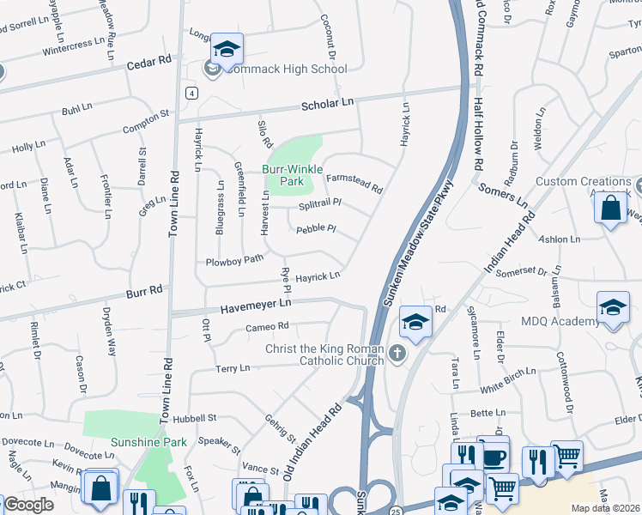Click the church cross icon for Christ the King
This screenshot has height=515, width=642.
pos(397,353)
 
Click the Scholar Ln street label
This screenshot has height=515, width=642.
pos(327,103)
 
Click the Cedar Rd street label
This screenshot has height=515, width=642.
pos(149,64)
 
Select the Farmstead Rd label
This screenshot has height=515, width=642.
pos(353,182)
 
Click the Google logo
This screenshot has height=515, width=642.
pos(29,505)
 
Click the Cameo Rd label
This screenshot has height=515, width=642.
pos(266,327)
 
